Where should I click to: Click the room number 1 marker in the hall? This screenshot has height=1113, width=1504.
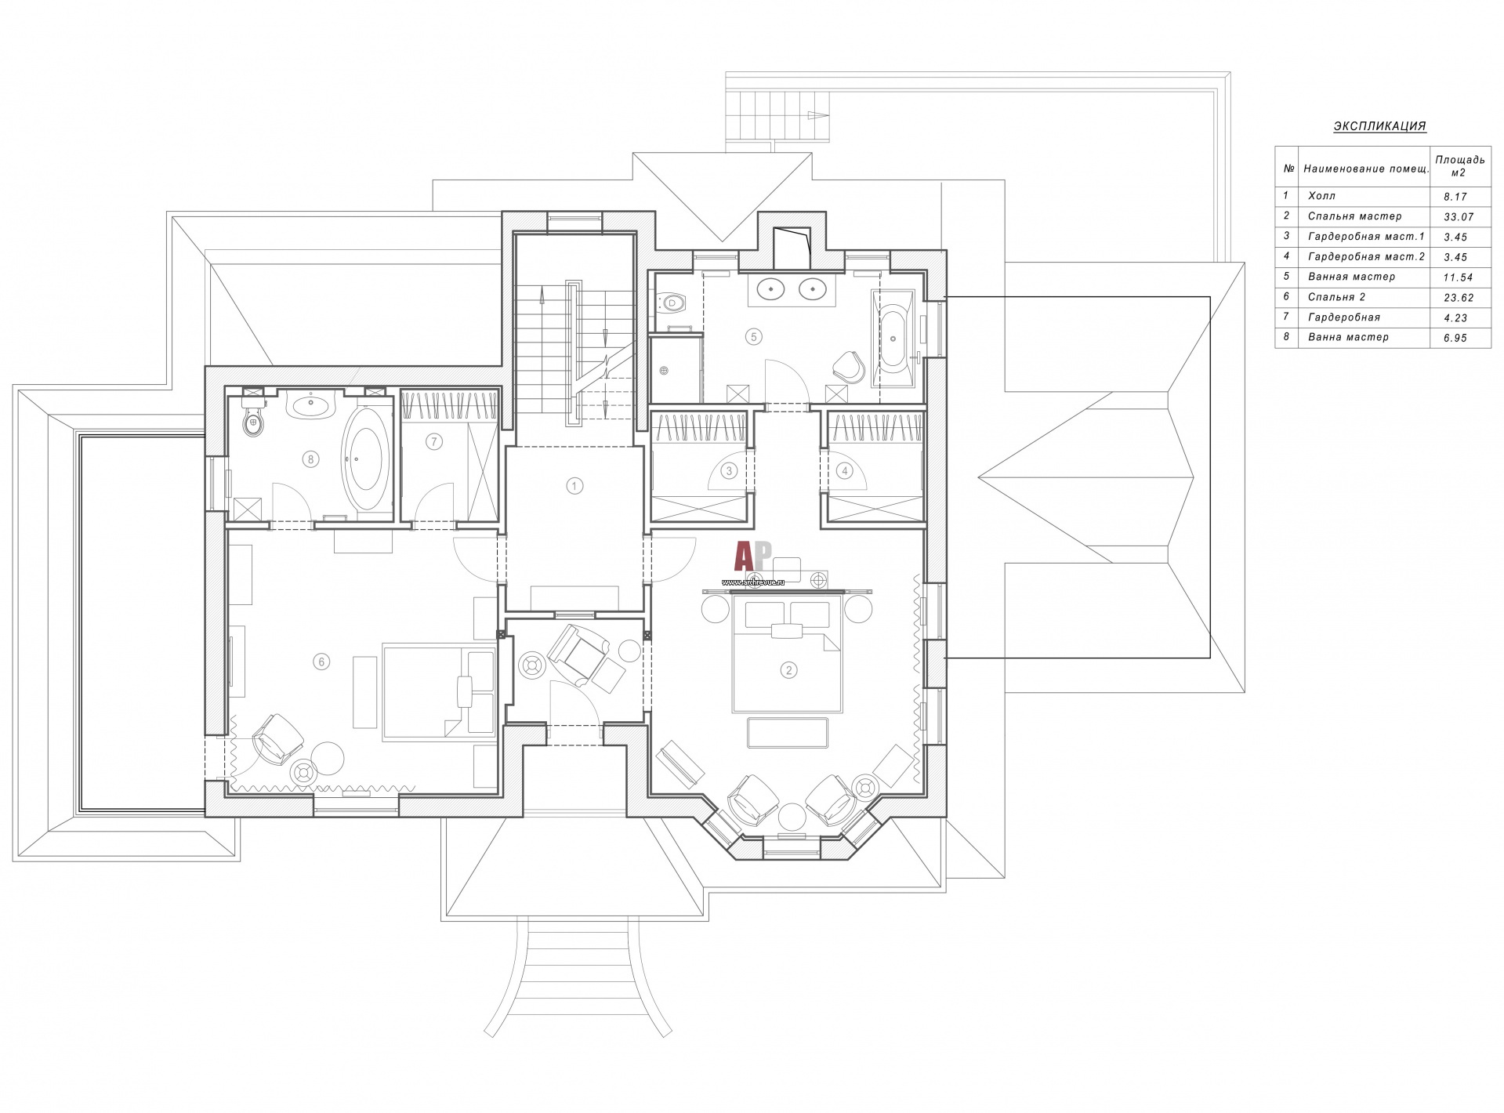pos(574,486)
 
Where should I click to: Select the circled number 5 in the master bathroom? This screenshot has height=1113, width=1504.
pos(753,336)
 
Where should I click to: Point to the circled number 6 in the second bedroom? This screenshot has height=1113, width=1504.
pos(321,662)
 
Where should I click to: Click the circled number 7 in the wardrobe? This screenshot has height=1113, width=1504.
pos(433,442)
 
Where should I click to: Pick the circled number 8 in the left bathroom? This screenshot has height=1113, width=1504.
pos(311,459)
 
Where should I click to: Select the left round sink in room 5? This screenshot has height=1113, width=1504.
pos(772,289)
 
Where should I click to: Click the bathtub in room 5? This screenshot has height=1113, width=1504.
pos(894,339)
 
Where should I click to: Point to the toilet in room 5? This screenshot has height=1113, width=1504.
pos(671,302)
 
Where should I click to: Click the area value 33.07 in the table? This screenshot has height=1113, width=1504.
pos(1455,216)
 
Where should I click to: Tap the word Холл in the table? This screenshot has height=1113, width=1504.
pos(1322,196)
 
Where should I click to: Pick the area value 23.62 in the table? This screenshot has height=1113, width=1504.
pos(1455,298)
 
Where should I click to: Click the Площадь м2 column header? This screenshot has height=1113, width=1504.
pos(1459,166)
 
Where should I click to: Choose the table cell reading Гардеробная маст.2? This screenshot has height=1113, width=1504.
pos(1364,256)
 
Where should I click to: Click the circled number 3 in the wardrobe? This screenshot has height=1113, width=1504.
pos(730,471)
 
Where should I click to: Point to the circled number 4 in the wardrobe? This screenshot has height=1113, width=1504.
pos(844,471)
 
